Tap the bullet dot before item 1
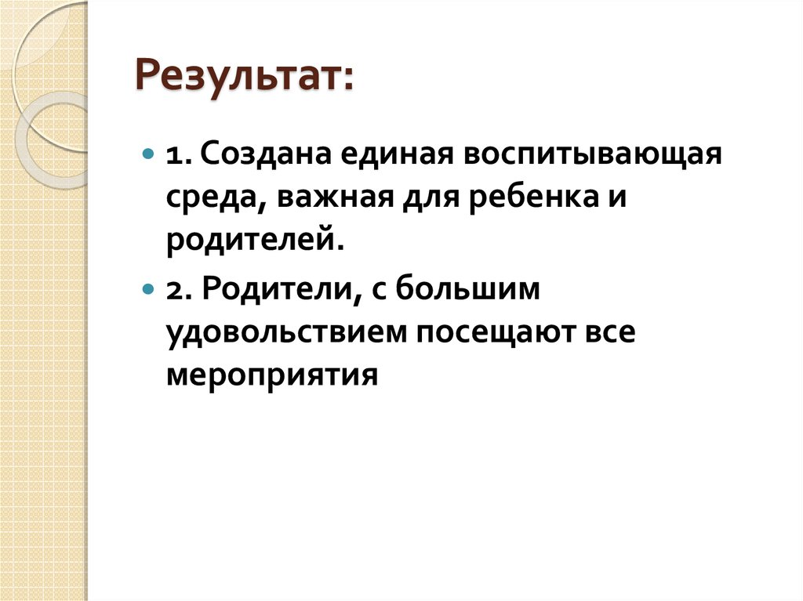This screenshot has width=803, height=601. [x=148, y=154]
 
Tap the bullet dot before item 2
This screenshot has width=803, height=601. [x=148, y=289]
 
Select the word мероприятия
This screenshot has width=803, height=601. [x=272, y=376]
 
